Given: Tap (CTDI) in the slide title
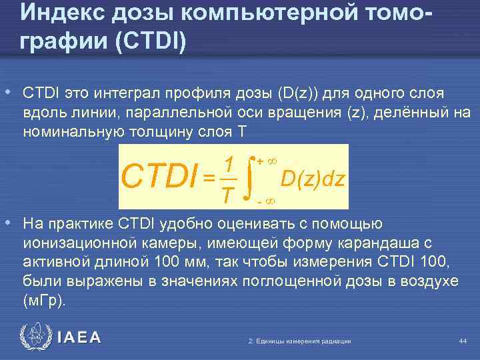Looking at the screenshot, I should pos(152,41).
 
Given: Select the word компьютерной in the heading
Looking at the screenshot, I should pos(246,12).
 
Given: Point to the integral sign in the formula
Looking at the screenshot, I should pos(248,177).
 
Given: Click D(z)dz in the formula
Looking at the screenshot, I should pos(313,179).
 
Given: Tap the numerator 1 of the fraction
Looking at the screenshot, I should pos(228,164).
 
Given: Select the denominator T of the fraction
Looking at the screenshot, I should pos(228,194).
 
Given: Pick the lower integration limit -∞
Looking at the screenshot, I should pos(267,199).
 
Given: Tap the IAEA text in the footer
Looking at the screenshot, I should pos(79,337).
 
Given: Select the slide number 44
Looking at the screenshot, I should pos(463,341).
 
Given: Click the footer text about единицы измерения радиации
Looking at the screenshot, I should pos(299,341).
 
